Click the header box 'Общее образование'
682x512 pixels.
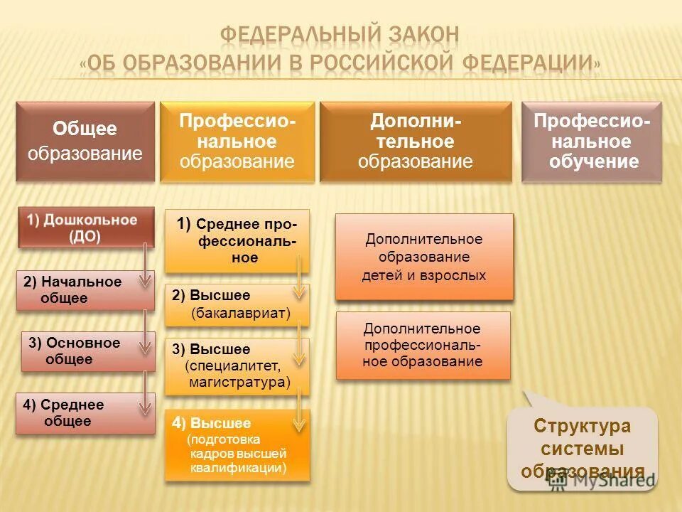pyautogui.click(x=85, y=141)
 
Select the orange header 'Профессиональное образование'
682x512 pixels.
pyautogui.click(x=237, y=141)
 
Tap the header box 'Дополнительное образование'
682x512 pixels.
pyautogui.click(x=415, y=141)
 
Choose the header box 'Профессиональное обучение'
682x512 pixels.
pyautogui.click(x=592, y=141)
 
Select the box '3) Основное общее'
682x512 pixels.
pyautogui.click(x=87, y=351)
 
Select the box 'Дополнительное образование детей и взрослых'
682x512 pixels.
pyautogui.click(x=424, y=257)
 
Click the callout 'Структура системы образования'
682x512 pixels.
pyautogui.click(x=583, y=449)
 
